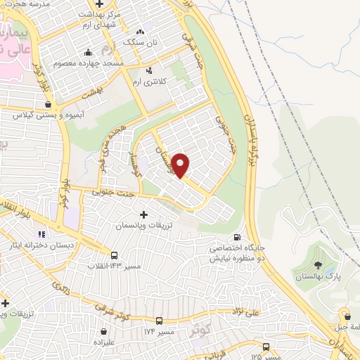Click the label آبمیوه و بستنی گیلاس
(54, 113)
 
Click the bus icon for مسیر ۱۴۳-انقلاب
(114, 255)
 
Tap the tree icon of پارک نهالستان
(318, 265)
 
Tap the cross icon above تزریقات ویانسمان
(144, 214)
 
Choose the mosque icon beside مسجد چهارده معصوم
(87, 52)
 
